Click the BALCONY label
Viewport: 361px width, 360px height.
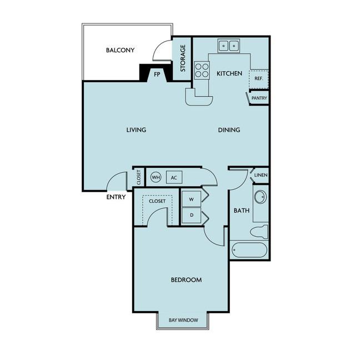[x=120, y=50]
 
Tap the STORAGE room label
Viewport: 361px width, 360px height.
[x=183, y=58]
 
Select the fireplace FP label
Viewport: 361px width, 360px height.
[x=157, y=74]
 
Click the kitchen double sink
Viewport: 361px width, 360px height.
[x=229, y=46]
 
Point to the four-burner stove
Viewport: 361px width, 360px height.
[x=202, y=70]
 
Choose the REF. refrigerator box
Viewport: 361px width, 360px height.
[x=259, y=79]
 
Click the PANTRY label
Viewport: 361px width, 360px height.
[x=259, y=98]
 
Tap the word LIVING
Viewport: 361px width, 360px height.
[x=136, y=130]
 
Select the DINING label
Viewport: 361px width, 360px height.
[x=229, y=130]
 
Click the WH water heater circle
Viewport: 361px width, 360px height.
[x=156, y=177]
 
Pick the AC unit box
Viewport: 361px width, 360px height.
[x=174, y=177]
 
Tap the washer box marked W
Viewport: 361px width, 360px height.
[x=191, y=199]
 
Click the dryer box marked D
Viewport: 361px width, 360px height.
[x=191, y=216]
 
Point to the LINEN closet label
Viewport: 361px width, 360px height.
[x=261, y=175]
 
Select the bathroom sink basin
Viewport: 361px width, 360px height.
[x=260, y=197]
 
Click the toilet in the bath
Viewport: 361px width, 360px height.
[x=259, y=232]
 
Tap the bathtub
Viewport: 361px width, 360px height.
[x=249, y=250]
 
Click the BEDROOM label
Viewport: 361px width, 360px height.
[x=186, y=280]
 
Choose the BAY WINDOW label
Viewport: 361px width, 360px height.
[x=183, y=320]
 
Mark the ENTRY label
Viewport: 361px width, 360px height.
[x=116, y=197]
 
